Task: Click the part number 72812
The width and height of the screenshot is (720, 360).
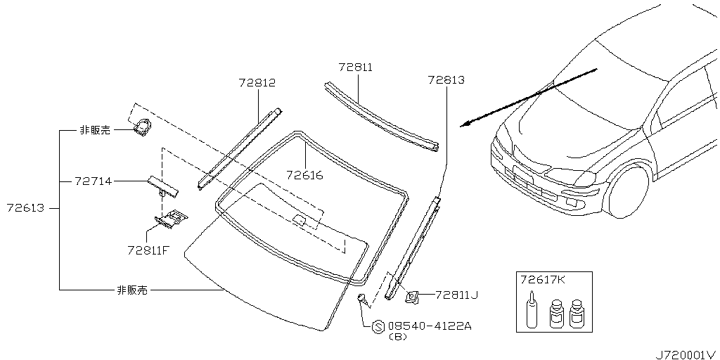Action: (x=256, y=83)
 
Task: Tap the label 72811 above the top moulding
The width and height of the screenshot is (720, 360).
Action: (x=355, y=67)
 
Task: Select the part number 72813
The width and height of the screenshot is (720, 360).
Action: (x=446, y=80)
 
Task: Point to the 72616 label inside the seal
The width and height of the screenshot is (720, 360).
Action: (x=304, y=175)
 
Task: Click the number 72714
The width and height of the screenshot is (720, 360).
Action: (x=92, y=181)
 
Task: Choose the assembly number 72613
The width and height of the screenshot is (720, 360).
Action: (x=25, y=208)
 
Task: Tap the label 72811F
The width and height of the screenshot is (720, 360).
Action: (x=148, y=250)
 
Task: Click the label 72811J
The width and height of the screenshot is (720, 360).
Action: (x=456, y=295)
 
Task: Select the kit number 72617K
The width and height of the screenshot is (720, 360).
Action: (x=542, y=280)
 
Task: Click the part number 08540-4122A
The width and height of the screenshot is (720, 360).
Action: (x=429, y=326)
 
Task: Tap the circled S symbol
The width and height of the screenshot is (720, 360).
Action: (x=378, y=326)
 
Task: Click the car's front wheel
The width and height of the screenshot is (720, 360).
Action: (x=627, y=191)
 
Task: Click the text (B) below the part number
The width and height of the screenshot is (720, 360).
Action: (x=397, y=337)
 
